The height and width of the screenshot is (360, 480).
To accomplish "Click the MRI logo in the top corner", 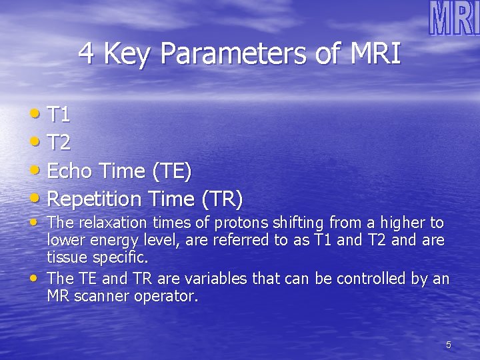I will (454, 18).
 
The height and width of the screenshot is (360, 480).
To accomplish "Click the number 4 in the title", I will (86, 54).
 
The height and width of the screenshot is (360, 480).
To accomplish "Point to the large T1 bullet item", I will (59, 115).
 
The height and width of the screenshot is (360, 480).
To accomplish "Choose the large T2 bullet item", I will (59, 143).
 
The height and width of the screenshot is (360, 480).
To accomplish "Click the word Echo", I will (70, 171).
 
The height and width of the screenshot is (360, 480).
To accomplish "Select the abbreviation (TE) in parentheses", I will (172, 172).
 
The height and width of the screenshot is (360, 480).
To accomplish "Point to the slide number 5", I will (448, 345).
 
